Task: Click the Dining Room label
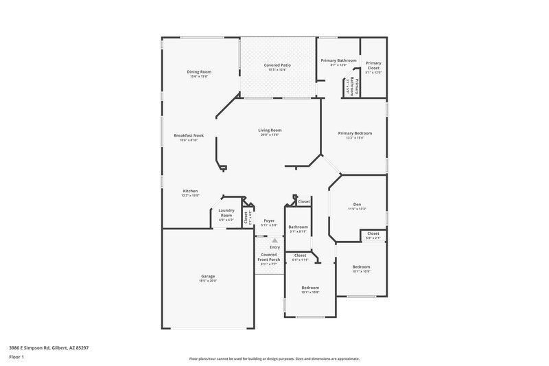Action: point(199,71)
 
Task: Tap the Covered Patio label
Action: point(277,65)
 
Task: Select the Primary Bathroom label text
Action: point(338,60)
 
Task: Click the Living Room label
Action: point(270,130)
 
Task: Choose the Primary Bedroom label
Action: point(355,133)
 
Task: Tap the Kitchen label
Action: point(190,191)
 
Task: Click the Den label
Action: point(357,204)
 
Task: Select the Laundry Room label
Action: point(226,212)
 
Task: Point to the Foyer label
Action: point(270,220)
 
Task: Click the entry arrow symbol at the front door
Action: point(274,241)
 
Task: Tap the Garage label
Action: point(208,276)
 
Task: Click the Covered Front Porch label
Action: point(268,257)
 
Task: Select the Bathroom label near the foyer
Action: point(298,227)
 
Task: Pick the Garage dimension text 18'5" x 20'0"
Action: point(208,281)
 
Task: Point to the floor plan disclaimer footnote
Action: point(274,358)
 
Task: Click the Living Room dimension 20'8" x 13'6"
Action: point(270,135)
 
